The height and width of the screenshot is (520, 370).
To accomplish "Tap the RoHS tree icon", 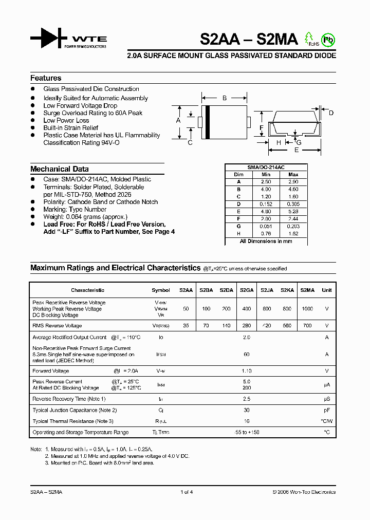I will click(x=309, y=38).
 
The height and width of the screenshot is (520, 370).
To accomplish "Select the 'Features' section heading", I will click(x=46, y=78).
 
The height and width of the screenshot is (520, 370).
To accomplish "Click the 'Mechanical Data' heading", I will click(x=59, y=169).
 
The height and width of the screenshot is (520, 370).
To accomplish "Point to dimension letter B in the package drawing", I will click(x=224, y=98).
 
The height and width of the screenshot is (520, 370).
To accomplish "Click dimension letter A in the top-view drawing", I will click(x=178, y=121).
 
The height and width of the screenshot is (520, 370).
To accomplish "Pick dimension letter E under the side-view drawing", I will click(x=297, y=150).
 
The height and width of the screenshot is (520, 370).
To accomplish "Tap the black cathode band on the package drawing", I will click(x=207, y=122).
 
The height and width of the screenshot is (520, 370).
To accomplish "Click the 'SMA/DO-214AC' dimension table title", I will click(x=266, y=168).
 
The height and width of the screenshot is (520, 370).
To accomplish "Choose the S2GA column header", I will click(x=247, y=290).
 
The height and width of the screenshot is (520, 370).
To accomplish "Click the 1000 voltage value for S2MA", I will click(x=307, y=309).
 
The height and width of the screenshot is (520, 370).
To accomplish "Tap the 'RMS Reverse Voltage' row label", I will click(x=57, y=326).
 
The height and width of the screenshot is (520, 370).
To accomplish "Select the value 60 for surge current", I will click(x=247, y=355).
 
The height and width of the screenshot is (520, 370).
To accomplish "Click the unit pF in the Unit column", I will click(x=326, y=411).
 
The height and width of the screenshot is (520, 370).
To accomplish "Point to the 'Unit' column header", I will click(x=326, y=290).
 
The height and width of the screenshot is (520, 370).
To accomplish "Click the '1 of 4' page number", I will click(x=186, y=492).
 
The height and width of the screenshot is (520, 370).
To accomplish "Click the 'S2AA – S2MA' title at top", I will click(x=248, y=39).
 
